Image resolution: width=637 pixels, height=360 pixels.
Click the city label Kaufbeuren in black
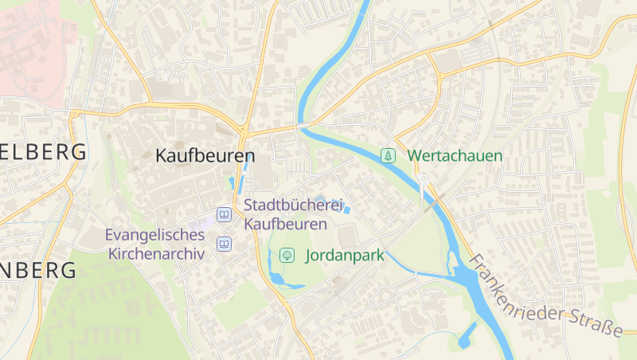tap(205, 155)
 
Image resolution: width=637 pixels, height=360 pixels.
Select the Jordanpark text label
tap(345, 256)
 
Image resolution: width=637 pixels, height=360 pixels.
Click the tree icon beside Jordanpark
tap(287, 256)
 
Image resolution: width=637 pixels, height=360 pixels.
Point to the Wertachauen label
tap(455, 155)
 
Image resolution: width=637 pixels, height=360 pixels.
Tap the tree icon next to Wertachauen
tap(388, 155)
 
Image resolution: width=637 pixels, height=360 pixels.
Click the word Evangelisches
tap(154, 235)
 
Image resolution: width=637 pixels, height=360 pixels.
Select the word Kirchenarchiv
tap(156, 254)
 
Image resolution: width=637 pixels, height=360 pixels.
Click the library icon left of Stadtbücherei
tap(225, 215)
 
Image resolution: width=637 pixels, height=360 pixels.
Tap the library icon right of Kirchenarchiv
tap(225, 244)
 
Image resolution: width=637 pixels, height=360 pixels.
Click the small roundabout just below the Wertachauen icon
tap(424, 178)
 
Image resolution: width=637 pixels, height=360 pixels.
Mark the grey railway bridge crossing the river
tap(432, 205)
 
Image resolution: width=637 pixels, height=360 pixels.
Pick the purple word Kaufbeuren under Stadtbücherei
tap(286, 224)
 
